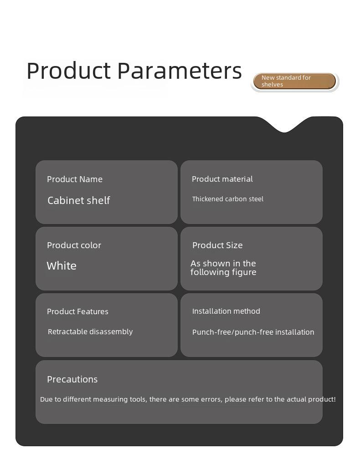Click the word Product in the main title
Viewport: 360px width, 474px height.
click(x=69, y=71)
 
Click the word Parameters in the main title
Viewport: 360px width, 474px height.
click(x=180, y=71)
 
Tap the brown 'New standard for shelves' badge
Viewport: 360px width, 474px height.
click(x=295, y=81)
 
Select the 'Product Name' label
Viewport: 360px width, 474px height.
click(x=75, y=179)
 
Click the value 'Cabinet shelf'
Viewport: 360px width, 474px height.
click(x=79, y=200)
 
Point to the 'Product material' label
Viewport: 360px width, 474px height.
click(x=222, y=179)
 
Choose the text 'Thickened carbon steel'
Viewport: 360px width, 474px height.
click(x=228, y=199)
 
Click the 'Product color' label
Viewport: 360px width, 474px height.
click(x=74, y=245)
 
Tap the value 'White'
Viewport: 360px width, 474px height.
click(x=62, y=266)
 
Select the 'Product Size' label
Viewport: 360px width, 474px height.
click(x=217, y=245)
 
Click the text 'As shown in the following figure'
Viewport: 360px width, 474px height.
click(x=223, y=268)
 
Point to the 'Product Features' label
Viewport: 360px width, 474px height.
click(x=78, y=311)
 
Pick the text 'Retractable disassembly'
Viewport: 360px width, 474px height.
click(x=90, y=331)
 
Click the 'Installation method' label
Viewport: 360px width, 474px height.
click(x=226, y=311)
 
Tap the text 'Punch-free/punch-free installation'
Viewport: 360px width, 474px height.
click(x=253, y=332)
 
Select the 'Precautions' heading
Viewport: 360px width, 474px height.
click(x=72, y=379)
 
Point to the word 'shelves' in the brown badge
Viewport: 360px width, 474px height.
click(x=272, y=85)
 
